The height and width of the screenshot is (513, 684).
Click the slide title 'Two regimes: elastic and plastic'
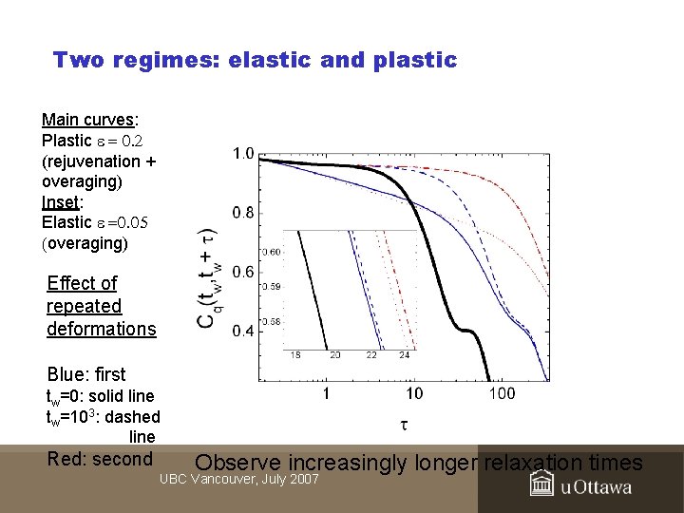pos(255,61)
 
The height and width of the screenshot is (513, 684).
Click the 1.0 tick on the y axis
pos(242,154)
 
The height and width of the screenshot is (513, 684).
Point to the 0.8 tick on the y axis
pos(242,213)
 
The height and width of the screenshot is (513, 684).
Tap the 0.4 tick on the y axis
pos(242,332)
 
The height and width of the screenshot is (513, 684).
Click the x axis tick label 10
pos(414,394)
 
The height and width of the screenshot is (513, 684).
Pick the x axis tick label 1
pos(326,394)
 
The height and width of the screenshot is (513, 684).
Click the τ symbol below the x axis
pos(404,424)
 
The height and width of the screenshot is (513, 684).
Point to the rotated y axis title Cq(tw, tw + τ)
pos(207,277)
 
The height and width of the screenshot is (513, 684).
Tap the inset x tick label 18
pos(294,354)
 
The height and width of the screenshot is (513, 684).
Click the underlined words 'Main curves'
pos(88,120)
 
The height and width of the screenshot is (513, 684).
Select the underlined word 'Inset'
pos(62,202)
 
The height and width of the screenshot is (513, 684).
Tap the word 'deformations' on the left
pos(101,329)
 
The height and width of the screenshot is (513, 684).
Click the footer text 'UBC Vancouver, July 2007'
pos(238,479)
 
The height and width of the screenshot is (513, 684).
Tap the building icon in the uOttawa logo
pos(542,485)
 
